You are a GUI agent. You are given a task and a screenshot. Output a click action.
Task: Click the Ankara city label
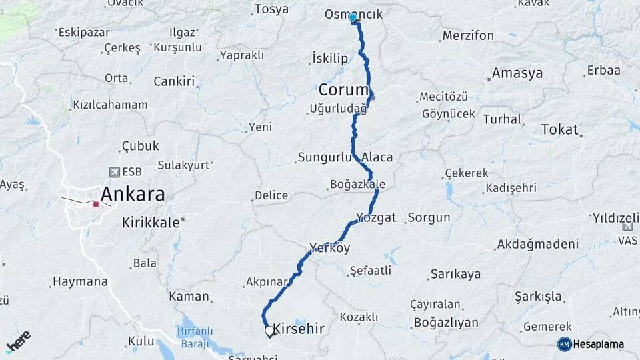point(133,195)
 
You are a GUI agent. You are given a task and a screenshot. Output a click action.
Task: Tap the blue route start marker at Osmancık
point(353,17)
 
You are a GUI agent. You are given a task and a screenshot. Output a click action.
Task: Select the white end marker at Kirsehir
point(269,330)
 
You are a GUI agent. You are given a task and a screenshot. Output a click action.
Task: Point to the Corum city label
point(343,89)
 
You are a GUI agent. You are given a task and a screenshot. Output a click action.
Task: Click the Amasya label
point(517,73)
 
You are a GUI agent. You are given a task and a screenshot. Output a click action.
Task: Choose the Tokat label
point(560,129)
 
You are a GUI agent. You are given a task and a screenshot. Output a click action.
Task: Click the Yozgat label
point(376,217)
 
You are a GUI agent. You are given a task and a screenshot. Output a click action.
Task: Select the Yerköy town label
point(329,248)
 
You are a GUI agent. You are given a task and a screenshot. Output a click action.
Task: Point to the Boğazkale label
point(358,184)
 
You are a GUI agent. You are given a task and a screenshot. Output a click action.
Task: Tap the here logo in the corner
point(18,342)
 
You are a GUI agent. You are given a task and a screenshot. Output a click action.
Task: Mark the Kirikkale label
point(151,223)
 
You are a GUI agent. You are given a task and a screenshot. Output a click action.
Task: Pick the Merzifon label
point(468,35)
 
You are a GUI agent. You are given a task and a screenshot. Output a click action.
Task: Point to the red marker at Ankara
point(96,203)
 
